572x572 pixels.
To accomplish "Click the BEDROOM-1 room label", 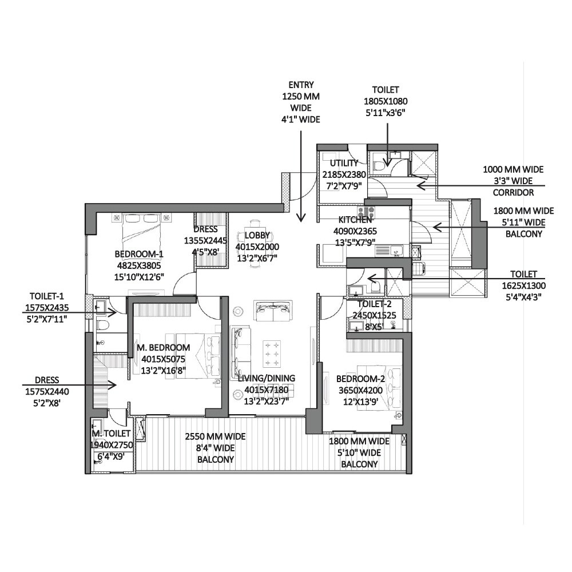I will point(140,254).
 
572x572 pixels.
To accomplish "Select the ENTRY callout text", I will point(301,86).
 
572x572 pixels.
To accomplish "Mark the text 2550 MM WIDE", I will point(215,437).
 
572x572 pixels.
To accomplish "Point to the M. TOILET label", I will point(112,434).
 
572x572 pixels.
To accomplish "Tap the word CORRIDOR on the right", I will point(514,193).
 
